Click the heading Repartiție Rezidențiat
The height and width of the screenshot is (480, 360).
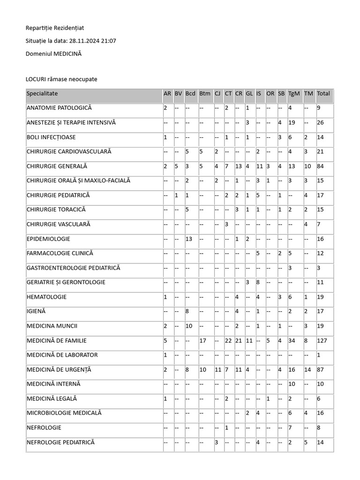coord(55,28)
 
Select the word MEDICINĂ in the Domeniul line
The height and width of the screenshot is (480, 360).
coord(67,54)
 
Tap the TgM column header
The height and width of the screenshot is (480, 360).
coord(294,93)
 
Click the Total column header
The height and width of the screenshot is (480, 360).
coord(323,93)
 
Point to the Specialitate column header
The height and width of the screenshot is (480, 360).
coord(42,93)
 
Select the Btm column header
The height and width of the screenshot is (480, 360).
coord(204,93)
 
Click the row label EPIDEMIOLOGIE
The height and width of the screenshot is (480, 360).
coord(48,239)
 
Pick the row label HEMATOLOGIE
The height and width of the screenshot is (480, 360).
coord(46,297)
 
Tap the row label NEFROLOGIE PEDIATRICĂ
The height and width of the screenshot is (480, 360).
coord(60,442)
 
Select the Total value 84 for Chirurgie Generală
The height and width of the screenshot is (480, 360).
coord(320,166)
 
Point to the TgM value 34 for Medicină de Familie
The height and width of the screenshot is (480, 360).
coord(292,341)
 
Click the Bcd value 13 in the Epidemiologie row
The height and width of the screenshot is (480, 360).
coord(189,239)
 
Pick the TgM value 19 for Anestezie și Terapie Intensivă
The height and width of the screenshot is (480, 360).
coord(292,123)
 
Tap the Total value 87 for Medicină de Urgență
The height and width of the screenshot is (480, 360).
coord(320,370)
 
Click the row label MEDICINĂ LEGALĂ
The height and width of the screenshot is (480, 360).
coord(52,399)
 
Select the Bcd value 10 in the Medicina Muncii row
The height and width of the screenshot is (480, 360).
coord(189,326)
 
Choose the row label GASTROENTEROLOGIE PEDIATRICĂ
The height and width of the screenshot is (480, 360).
coord(73,268)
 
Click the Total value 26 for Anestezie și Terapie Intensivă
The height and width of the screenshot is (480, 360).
coord(320,123)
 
